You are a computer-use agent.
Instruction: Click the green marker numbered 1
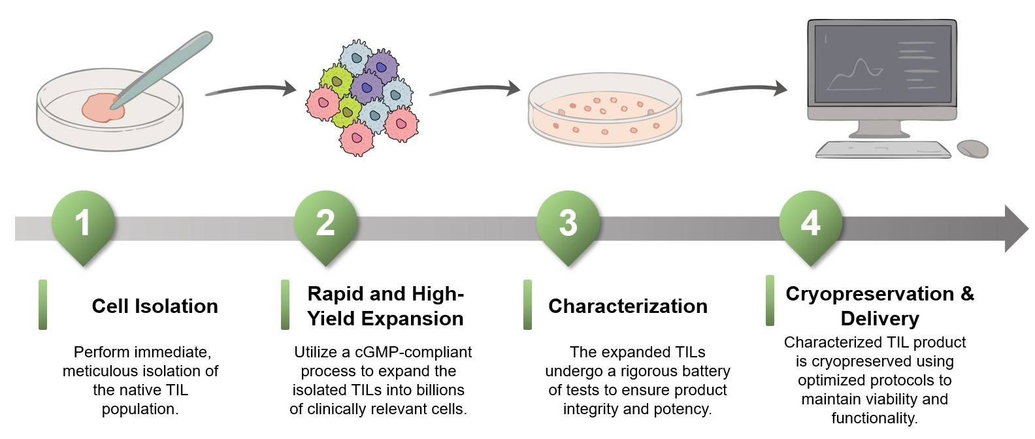pyautogui.click(x=82, y=223)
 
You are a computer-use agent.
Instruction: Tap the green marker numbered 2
pyautogui.click(x=325, y=223)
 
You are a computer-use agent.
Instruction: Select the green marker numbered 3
pyautogui.click(x=568, y=223)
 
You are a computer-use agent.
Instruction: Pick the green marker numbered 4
pyautogui.click(x=810, y=223)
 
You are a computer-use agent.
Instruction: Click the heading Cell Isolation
pyautogui.click(x=155, y=306)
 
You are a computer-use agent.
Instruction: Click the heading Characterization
pyautogui.click(x=627, y=306)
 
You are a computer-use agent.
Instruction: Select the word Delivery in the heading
pyautogui.click(x=879, y=319)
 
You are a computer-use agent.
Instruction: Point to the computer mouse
pyautogui.click(x=972, y=148)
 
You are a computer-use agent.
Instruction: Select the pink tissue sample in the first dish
pyautogui.click(x=103, y=108)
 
